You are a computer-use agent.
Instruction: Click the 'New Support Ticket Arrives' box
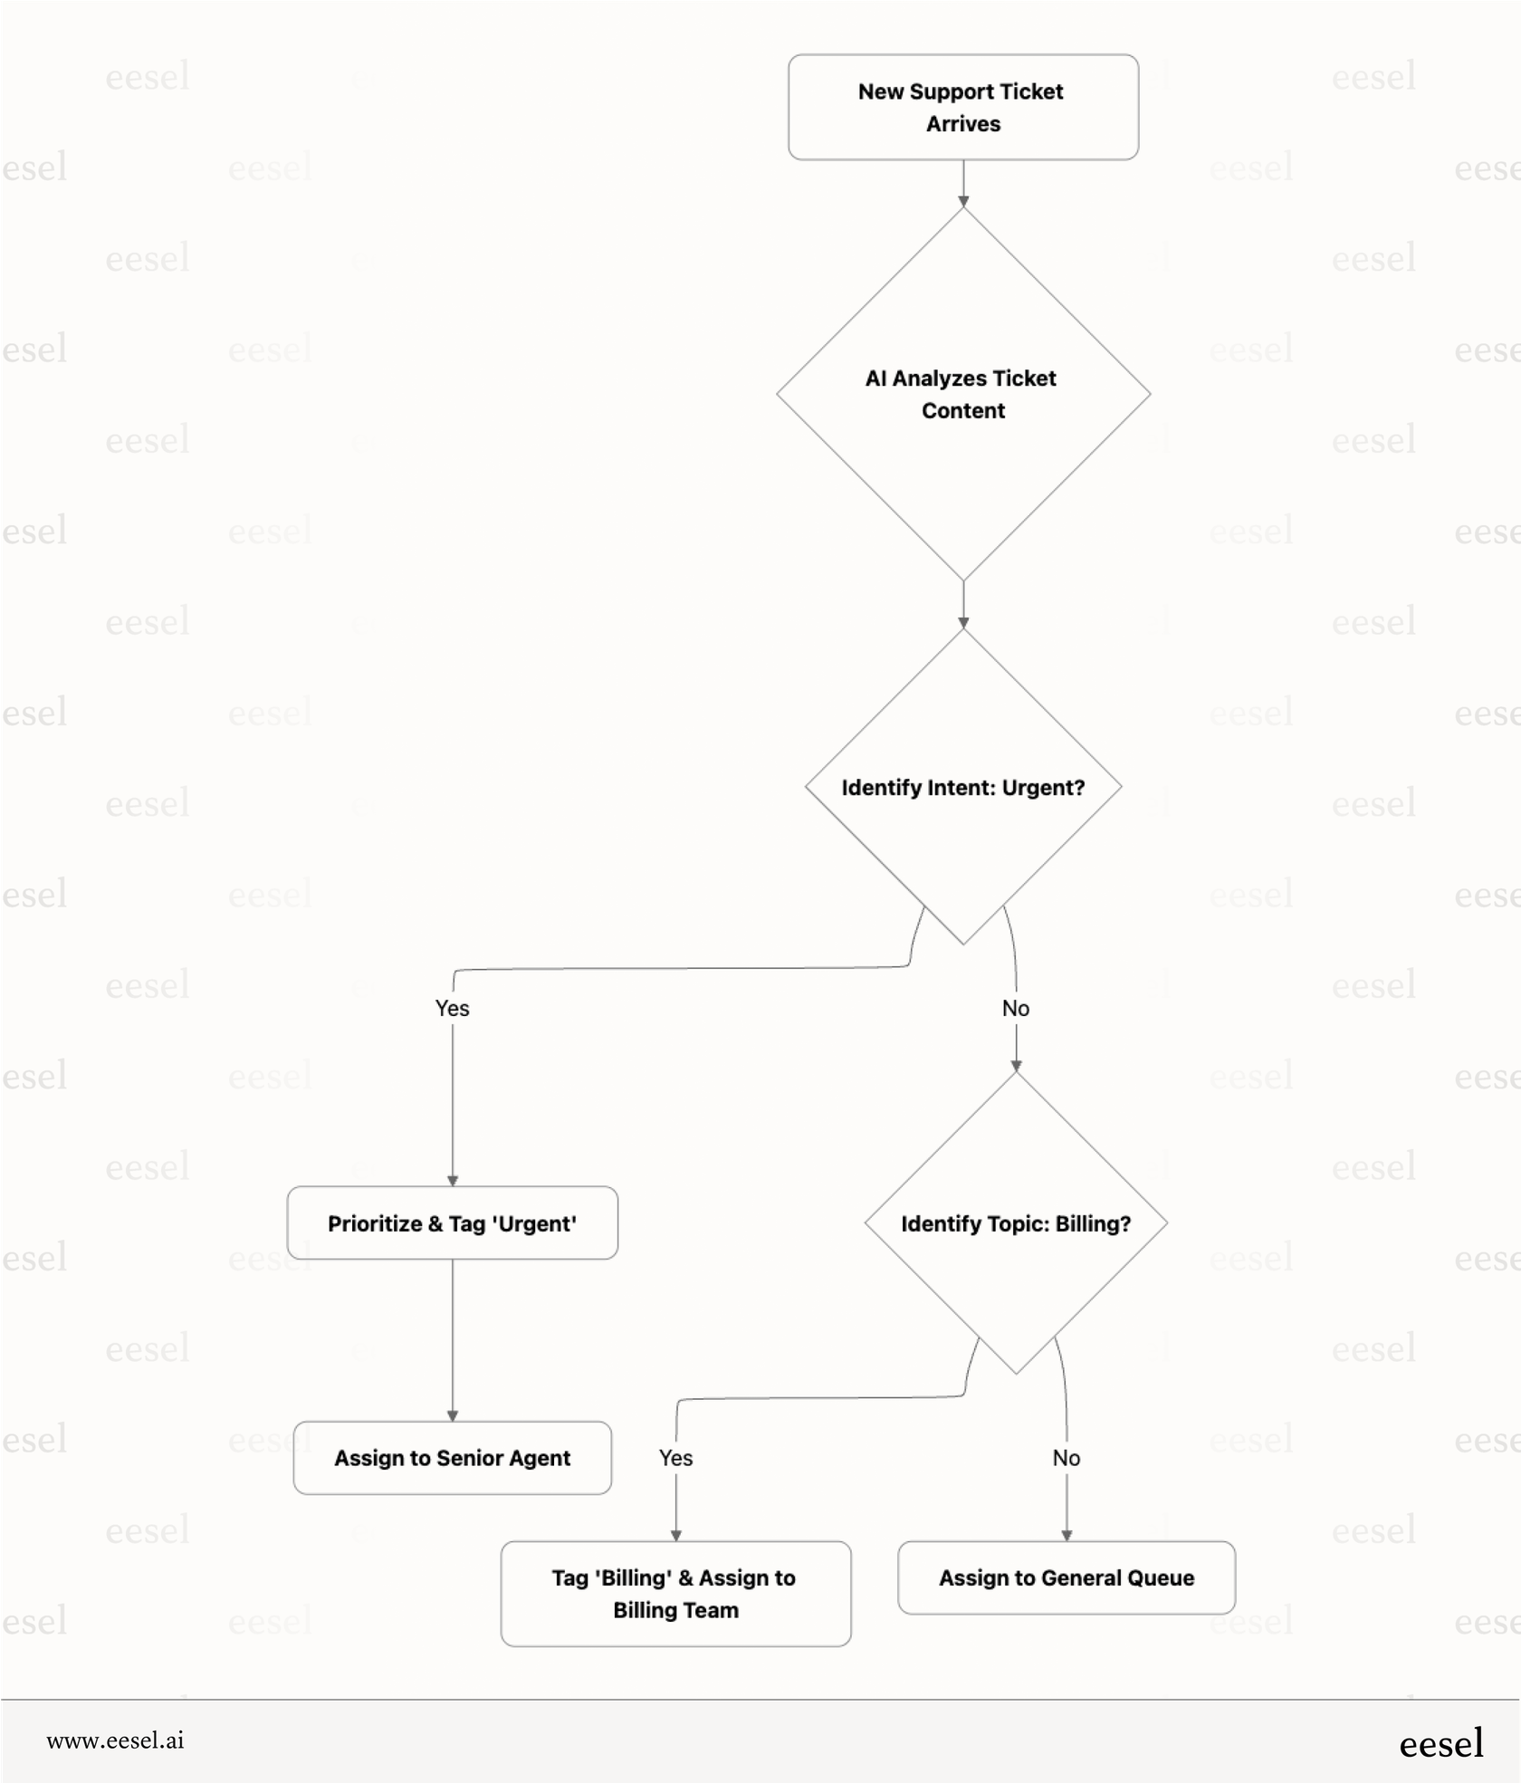pyautogui.click(x=962, y=107)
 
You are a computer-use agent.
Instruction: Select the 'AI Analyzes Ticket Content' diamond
pyautogui.click(x=962, y=394)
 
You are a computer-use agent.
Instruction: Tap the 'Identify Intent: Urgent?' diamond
pyautogui.click(x=962, y=787)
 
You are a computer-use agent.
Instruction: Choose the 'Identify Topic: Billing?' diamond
pyautogui.click(x=1015, y=1223)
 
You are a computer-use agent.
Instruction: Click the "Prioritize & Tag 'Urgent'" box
pyautogui.click(x=452, y=1223)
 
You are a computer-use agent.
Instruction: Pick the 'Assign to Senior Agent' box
pyautogui.click(x=452, y=1458)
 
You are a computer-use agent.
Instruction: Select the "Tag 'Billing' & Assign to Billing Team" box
pyautogui.click(x=674, y=1594)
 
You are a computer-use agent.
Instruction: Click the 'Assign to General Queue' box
pyautogui.click(x=1066, y=1577)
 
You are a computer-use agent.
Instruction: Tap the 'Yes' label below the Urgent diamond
pyautogui.click(x=452, y=1008)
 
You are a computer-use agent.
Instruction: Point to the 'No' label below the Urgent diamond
pyautogui.click(x=1015, y=1008)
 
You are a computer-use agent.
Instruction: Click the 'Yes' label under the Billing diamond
pyautogui.click(x=675, y=1458)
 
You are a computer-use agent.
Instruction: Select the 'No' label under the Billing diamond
pyautogui.click(x=1066, y=1458)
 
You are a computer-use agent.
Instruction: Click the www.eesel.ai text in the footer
pyautogui.click(x=115, y=1740)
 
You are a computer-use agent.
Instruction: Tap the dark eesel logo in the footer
pyautogui.click(x=1440, y=1743)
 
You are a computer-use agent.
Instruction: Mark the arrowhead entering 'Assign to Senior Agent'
pyautogui.click(x=452, y=1415)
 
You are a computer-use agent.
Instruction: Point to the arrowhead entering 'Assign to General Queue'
pyautogui.click(x=1067, y=1535)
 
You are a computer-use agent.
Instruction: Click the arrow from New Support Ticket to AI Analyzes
pyautogui.click(x=962, y=184)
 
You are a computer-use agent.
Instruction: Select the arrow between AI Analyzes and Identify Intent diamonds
pyautogui.click(x=962, y=604)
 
